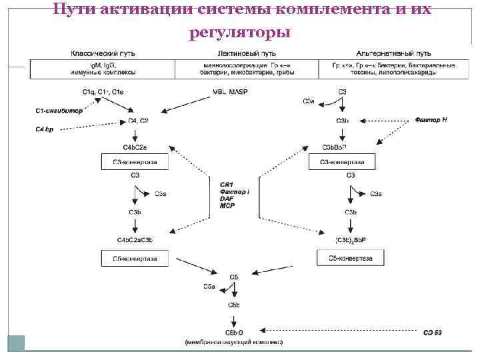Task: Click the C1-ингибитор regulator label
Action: [59, 111]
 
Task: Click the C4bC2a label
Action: [135, 147]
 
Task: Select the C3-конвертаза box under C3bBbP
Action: [341, 161]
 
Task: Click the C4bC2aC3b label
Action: [135, 240]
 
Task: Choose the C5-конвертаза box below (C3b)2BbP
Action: [350, 257]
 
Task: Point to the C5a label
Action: [209, 287]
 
